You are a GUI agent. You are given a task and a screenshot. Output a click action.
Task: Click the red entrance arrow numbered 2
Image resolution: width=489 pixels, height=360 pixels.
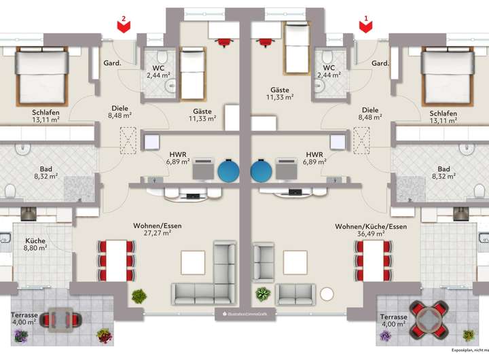123,25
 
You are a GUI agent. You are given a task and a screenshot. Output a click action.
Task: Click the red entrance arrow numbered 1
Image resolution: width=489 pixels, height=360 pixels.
366,25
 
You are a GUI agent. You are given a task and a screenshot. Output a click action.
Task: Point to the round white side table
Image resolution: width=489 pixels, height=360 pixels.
328,294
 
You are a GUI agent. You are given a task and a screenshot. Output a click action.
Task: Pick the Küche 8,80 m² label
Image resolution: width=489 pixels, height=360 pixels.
36,245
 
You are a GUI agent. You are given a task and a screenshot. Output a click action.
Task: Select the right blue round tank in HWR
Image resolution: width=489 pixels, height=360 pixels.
261,169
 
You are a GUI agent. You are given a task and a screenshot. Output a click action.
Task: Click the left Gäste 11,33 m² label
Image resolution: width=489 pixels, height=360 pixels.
202,115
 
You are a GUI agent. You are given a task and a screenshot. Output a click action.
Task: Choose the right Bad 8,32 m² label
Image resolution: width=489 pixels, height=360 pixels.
444,173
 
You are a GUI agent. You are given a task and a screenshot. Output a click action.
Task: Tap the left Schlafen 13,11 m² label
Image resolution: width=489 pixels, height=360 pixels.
45,117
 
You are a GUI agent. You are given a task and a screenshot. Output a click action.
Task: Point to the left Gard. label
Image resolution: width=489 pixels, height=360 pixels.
111,63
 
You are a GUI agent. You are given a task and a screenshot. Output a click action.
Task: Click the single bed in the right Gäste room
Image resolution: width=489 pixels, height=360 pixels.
295,47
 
